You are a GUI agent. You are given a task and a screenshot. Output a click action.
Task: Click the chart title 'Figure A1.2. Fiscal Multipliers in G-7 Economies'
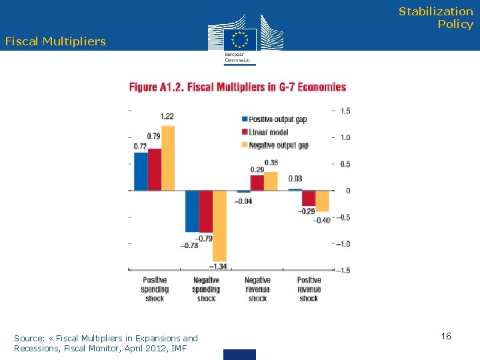point(238,87)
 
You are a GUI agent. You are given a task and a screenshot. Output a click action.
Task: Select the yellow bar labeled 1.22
point(168,159)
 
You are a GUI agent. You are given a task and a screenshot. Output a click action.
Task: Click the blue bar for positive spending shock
point(141,171)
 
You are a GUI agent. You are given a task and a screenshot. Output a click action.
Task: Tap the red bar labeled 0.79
point(155,169)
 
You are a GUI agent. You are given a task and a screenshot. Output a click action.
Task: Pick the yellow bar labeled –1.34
point(219,225)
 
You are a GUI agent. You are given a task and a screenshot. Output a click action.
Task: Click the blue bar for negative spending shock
point(192,211)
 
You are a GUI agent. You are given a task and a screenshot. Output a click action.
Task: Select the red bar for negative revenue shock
point(257,183)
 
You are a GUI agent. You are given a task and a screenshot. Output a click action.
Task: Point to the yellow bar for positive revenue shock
point(322,201)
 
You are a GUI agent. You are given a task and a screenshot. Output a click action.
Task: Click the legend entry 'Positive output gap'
point(278,119)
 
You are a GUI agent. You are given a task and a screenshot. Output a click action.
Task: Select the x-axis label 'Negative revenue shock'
point(257,289)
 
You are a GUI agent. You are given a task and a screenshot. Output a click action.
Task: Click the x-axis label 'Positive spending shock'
point(155,289)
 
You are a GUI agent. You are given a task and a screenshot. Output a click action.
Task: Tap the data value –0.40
point(321,221)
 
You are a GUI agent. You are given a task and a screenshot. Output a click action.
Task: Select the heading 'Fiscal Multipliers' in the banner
point(55,41)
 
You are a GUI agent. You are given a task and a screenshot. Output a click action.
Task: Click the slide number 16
point(446,336)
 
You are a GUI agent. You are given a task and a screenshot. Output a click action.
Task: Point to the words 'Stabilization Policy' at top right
point(436,18)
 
